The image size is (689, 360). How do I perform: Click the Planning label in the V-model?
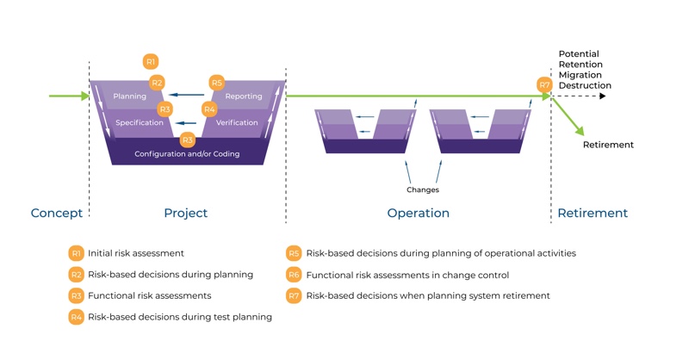click(x=129, y=96)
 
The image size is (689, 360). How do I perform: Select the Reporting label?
click(x=244, y=96)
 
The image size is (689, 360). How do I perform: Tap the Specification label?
click(x=140, y=123)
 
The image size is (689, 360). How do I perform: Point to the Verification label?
click(x=237, y=123)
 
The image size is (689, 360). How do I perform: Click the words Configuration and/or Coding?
click(x=187, y=154)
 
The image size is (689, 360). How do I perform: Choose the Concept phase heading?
click(x=57, y=213)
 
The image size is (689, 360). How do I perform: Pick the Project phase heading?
click(x=186, y=213)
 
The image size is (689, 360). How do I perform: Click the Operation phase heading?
click(x=418, y=213)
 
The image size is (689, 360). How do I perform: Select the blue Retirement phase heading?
click(x=593, y=213)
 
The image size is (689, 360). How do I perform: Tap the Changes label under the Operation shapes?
click(x=423, y=189)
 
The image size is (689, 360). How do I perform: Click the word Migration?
click(x=581, y=75)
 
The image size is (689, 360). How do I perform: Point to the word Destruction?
click(x=585, y=86)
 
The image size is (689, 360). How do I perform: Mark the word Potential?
click(x=580, y=53)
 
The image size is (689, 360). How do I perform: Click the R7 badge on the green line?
click(x=544, y=84)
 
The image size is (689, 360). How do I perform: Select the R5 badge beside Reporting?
click(x=217, y=83)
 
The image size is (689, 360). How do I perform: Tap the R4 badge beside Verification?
click(x=209, y=109)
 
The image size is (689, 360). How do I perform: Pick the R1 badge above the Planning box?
click(x=151, y=61)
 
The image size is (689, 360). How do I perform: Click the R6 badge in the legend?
click(x=294, y=275)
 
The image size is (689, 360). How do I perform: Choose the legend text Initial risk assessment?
click(x=136, y=254)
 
